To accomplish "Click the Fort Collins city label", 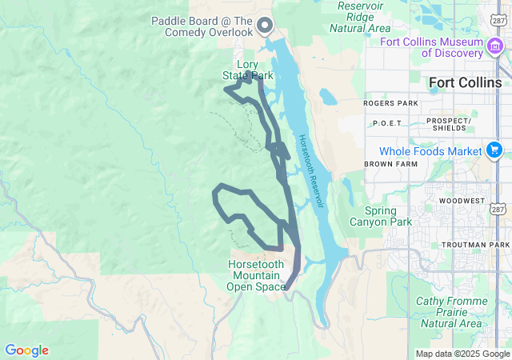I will tap(465, 82).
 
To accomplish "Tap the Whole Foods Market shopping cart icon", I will tap(494, 150).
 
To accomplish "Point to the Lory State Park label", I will tap(247, 70).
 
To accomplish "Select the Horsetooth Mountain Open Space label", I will tap(256, 275).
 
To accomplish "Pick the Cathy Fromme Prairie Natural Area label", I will tap(449, 312).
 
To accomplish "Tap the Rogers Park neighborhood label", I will tap(390, 103).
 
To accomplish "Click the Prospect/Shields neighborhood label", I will tap(450, 124).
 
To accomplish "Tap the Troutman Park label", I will tap(475, 244).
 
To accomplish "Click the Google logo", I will tap(26, 350).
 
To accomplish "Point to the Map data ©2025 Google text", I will tap(462, 354).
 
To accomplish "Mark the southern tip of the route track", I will tap(286, 290).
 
